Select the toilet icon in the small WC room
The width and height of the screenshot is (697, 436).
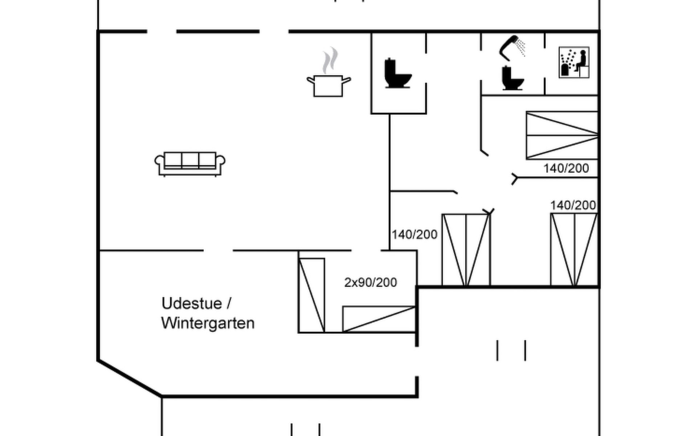tap(398, 74)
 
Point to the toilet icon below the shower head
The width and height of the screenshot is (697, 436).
tap(512, 78)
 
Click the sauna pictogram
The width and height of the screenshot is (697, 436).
tap(574, 62)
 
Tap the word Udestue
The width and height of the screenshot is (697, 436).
tap(191, 304)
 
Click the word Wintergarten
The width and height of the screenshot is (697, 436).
tap(208, 323)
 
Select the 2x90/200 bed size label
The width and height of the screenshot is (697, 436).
tap(370, 283)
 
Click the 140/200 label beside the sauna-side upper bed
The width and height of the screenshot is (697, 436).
tap(566, 169)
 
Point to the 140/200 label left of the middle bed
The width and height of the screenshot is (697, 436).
tap(414, 235)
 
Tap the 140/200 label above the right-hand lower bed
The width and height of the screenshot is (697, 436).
tap(573, 206)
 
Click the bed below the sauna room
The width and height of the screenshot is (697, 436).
tap(562, 136)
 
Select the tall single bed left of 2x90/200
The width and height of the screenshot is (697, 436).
tap(311, 295)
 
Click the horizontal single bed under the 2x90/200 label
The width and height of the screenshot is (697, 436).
tap(379, 319)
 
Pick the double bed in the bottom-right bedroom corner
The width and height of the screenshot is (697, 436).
tap(574, 250)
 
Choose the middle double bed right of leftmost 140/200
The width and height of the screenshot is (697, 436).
tap(466, 250)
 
